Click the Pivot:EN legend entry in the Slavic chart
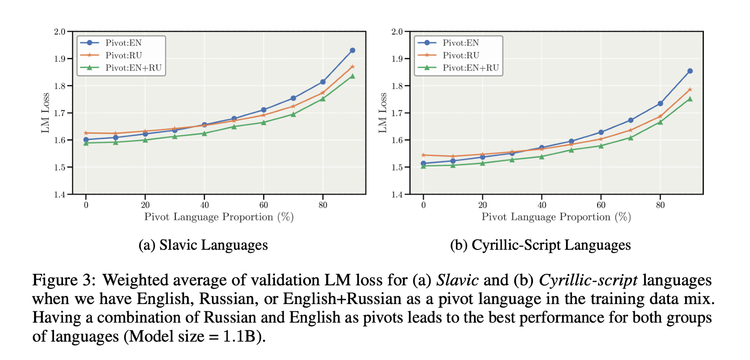coord(123,43)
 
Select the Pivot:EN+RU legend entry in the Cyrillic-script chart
coord(470,68)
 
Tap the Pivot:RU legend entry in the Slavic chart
coord(123,55)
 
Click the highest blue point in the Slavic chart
coord(352,50)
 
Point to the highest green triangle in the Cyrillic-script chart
coord(690,99)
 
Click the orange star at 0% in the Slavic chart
coord(86,133)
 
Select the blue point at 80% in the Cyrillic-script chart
coord(660,103)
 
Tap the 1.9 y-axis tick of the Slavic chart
coord(60,59)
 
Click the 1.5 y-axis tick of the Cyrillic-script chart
coord(397,167)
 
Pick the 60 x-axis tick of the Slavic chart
coord(264,205)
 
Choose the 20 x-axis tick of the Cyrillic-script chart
coord(483,205)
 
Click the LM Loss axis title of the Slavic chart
coord(45,113)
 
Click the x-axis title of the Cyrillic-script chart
coord(556,217)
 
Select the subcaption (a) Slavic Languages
coord(203,245)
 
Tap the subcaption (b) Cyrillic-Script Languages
coord(540,245)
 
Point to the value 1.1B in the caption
coord(239,336)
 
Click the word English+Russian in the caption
coord(342,299)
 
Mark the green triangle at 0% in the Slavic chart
coord(86,143)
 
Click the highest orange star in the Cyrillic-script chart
coord(690,90)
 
